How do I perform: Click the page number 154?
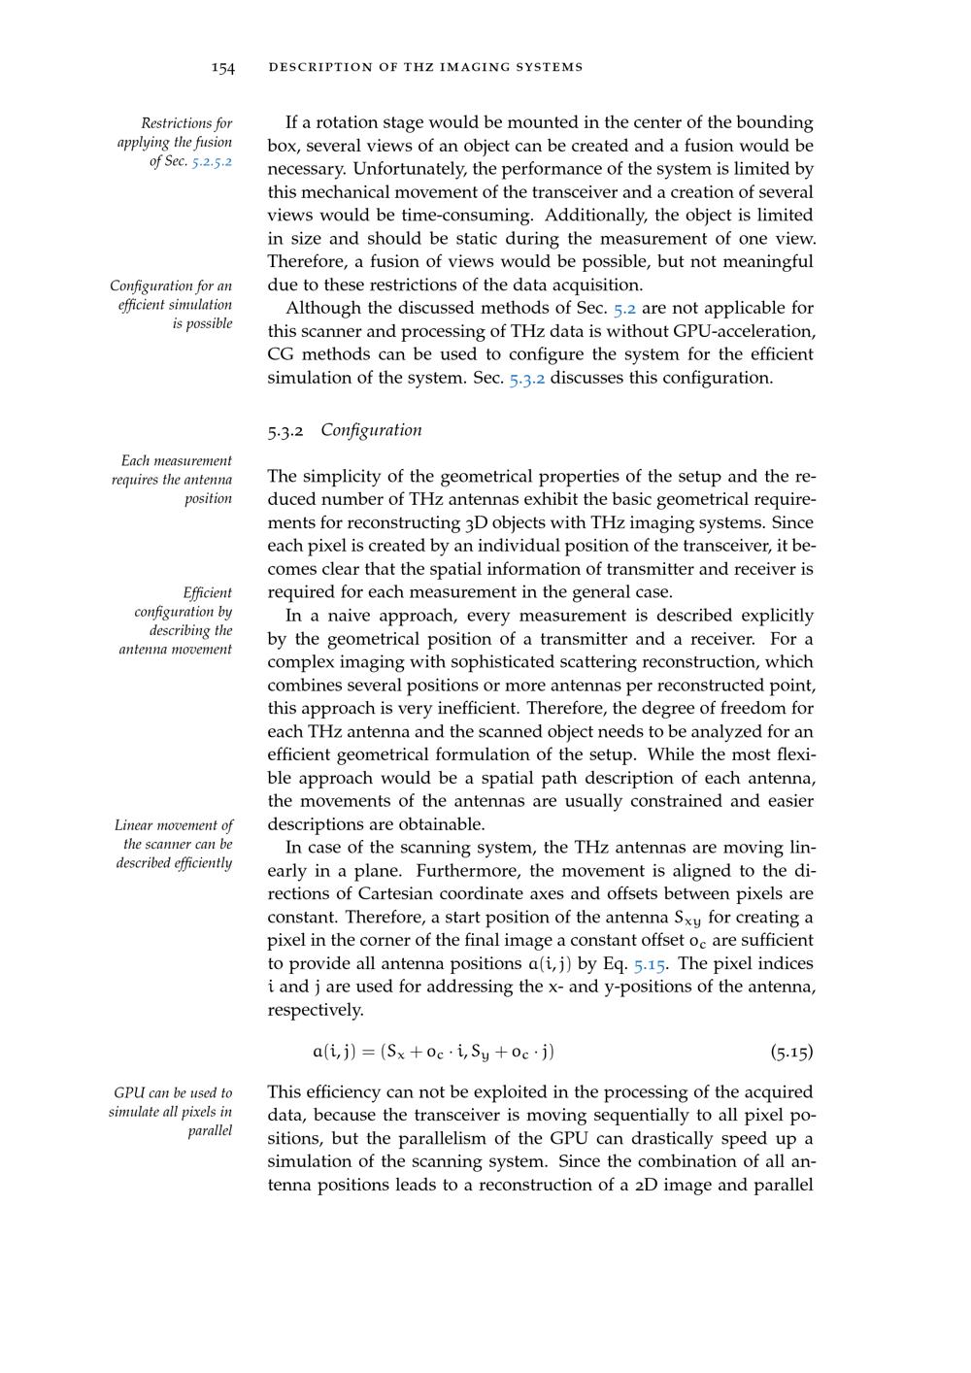point(223,67)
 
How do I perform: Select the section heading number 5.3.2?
point(286,430)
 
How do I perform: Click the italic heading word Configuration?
point(371,430)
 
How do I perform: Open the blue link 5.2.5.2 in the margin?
point(212,161)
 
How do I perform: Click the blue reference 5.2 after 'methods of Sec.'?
point(624,309)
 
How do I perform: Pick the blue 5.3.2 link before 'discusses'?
point(527,378)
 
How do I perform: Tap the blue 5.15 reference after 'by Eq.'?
point(649,964)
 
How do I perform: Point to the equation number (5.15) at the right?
point(791,1052)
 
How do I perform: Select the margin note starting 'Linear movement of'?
point(174,844)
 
